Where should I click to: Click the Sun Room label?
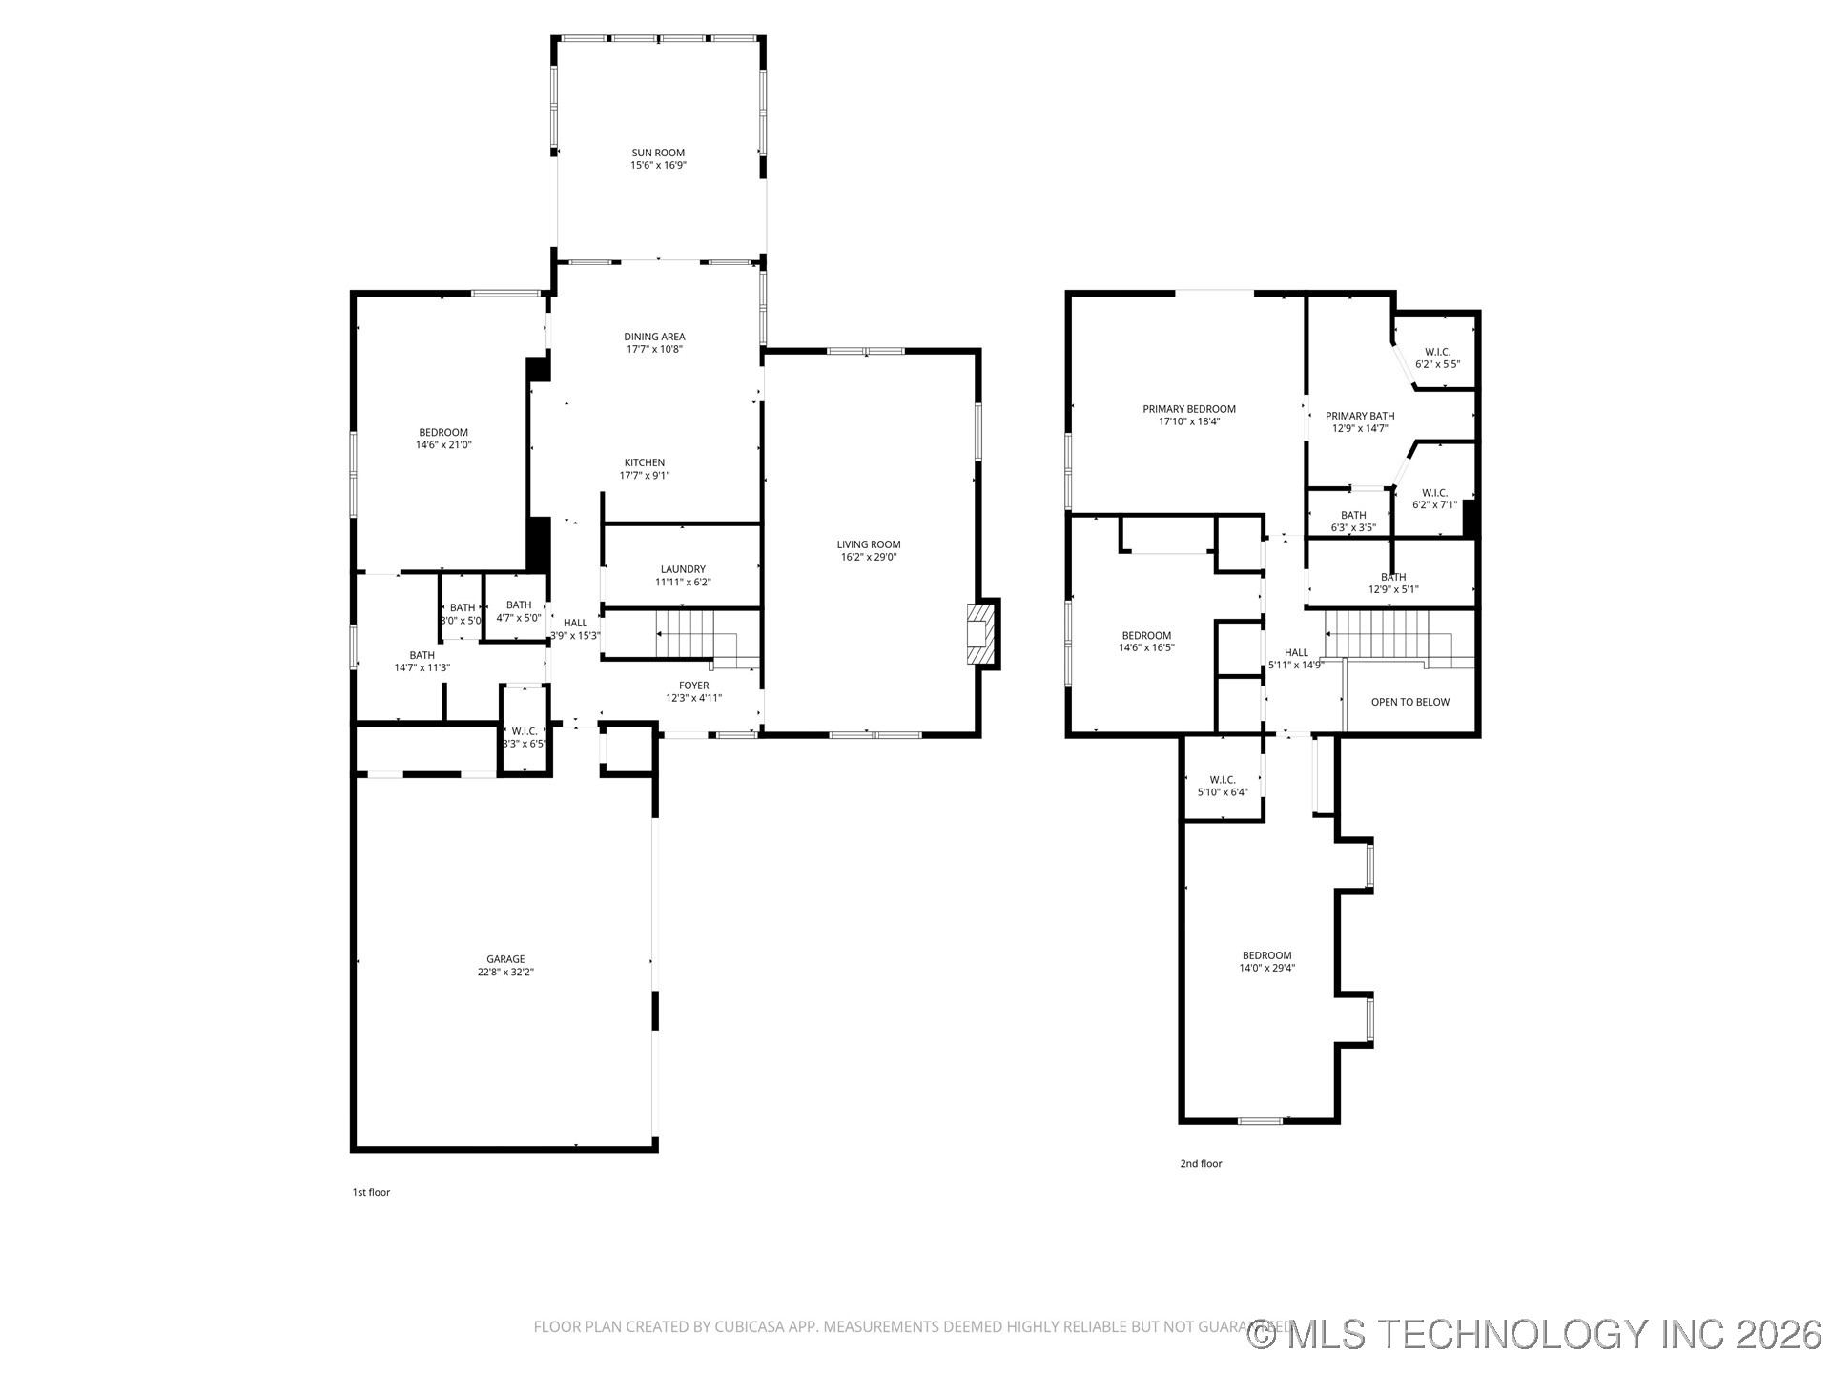click(x=658, y=153)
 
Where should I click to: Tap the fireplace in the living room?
click(x=981, y=632)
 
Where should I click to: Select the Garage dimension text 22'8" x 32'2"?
click(x=505, y=973)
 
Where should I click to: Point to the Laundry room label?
click(x=683, y=569)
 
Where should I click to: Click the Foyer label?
click(x=693, y=686)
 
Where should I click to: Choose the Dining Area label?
click(x=654, y=337)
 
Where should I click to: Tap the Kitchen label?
click(x=645, y=463)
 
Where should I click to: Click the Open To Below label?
click(x=1409, y=703)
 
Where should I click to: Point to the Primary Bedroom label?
click(x=1189, y=409)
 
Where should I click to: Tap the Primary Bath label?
click(x=1360, y=416)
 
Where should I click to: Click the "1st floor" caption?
click(x=371, y=1192)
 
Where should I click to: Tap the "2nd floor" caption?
click(x=1201, y=1163)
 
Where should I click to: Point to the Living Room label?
click(x=868, y=544)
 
